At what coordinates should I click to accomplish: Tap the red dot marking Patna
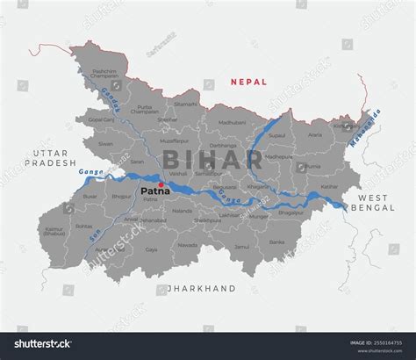click(161, 184)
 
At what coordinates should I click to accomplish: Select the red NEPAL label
click(247, 82)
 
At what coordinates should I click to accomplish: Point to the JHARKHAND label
click(203, 288)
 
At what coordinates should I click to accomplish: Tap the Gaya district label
click(152, 250)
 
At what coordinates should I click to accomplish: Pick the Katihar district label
click(328, 186)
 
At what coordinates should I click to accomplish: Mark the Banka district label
click(276, 242)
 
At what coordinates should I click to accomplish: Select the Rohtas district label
click(83, 226)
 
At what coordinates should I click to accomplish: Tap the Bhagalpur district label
click(290, 212)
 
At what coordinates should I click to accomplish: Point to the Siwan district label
click(105, 143)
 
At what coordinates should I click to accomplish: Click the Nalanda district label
click(183, 212)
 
